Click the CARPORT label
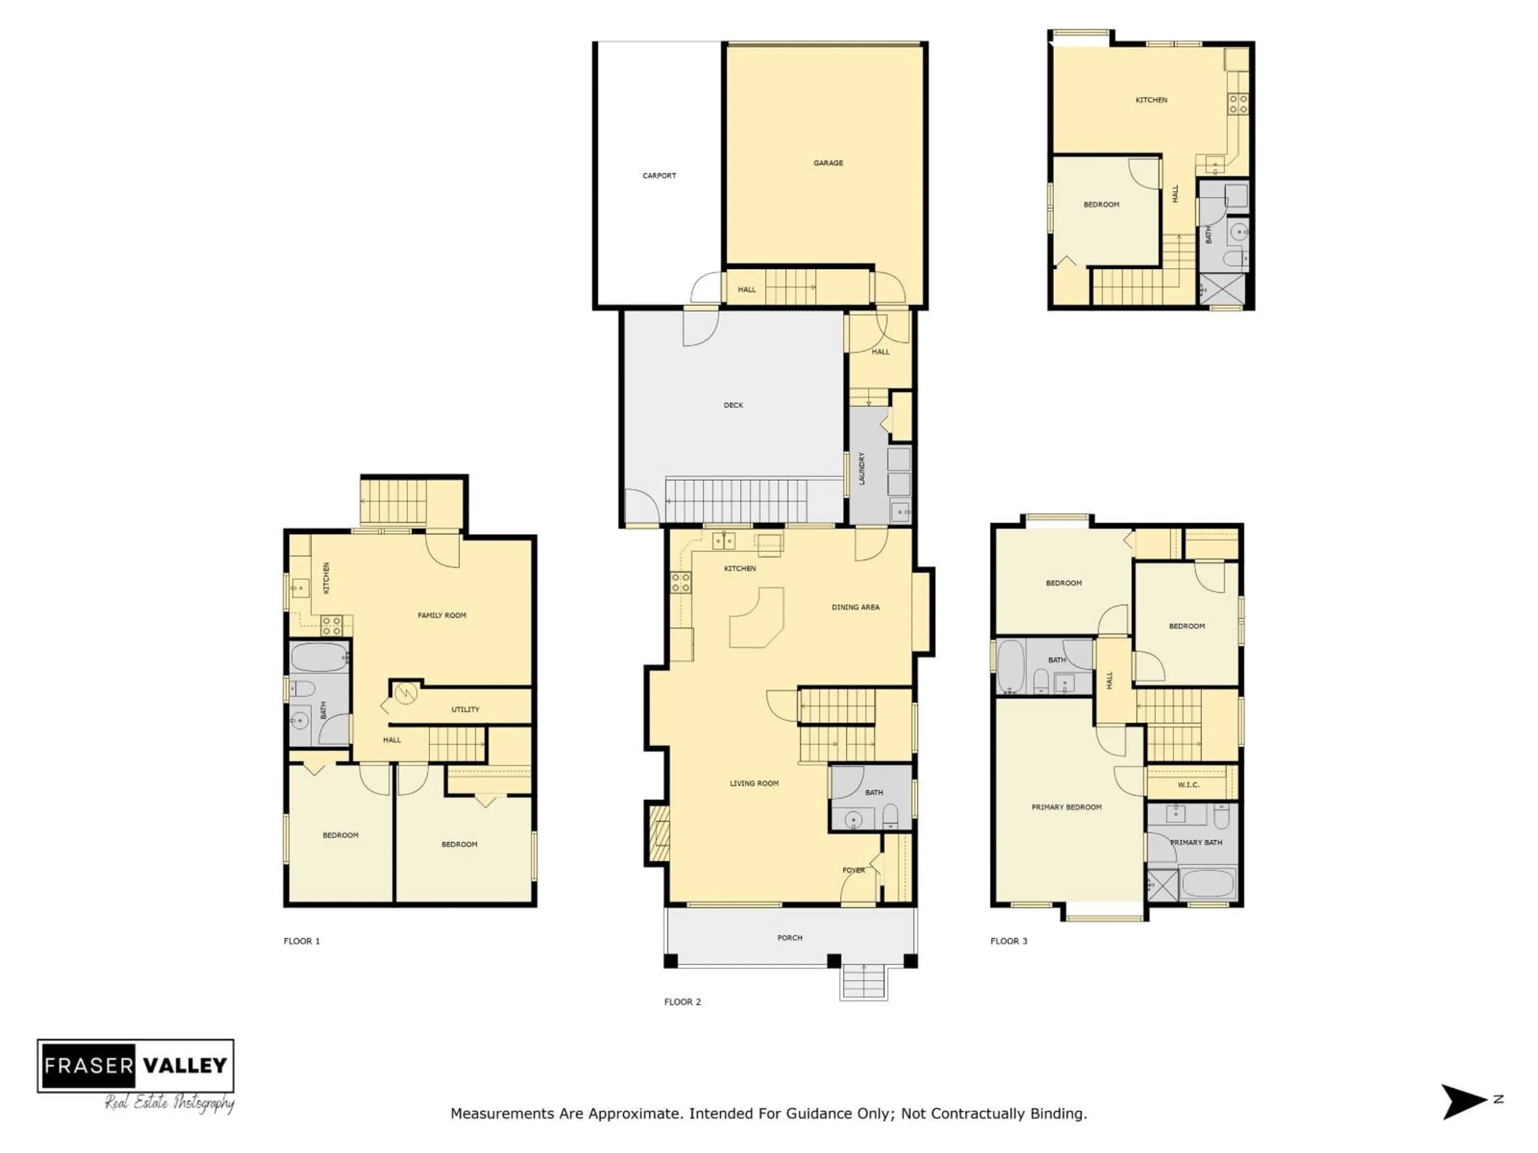click(x=658, y=176)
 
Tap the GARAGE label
click(x=828, y=163)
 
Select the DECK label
click(x=733, y=405)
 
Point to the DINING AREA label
click(x=855, y=607)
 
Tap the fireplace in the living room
click(x=658, y=834)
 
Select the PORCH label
click(x=789, y=938)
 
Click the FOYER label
click(x=853, y=870)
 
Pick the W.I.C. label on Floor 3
click(x=1188, y=785)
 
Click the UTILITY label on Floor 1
click(x=465, y=709)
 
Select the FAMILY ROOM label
click(x=441, y=615)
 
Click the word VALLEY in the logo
click(x=185, y=1065)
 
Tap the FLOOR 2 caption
click(x=682, y=1002)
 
